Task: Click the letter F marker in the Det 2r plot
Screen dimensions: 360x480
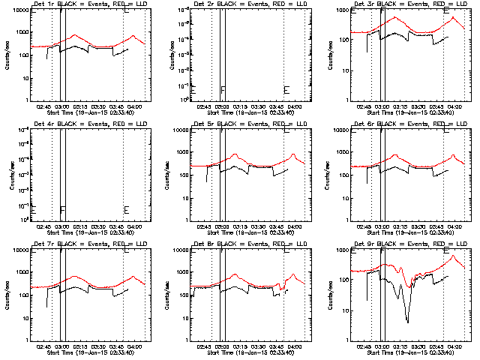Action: [223, 91]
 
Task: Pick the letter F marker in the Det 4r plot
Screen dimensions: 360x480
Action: [63, 210]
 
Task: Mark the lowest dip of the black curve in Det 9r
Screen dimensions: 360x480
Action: [408, 322]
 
